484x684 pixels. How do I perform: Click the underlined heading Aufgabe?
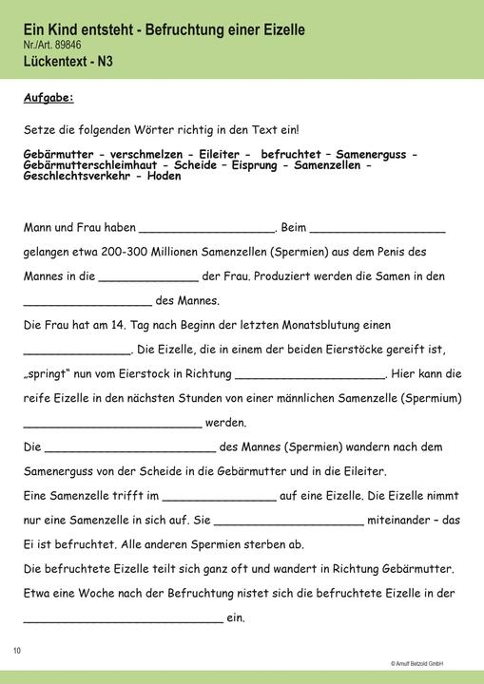(x=48, y=98)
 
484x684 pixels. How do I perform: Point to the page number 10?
(x=17, y=650)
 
